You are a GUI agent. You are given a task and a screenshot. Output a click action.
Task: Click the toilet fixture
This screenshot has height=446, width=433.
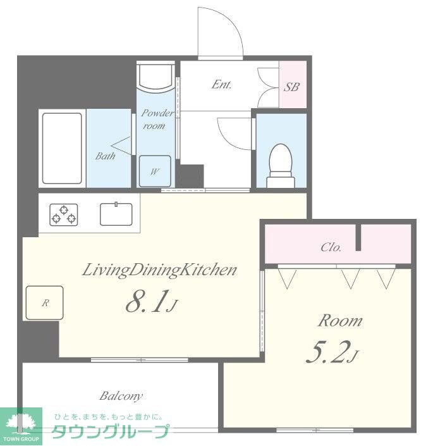pos(281,166)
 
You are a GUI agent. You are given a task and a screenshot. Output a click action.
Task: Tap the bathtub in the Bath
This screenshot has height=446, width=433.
pos(62,148)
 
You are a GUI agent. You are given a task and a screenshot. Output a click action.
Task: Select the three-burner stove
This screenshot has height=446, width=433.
pos(64,214)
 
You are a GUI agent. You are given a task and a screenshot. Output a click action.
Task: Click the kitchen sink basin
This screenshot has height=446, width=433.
pos(116,214)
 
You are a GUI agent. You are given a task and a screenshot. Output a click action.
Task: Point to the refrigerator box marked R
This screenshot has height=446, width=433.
pos(44,303)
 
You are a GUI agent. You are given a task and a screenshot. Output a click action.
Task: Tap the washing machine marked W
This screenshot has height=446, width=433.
pos(155,171)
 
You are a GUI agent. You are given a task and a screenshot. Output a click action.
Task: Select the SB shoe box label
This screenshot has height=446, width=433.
pos(291,87)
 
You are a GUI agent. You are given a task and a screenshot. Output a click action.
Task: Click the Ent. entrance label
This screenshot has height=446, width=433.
pos(222,85)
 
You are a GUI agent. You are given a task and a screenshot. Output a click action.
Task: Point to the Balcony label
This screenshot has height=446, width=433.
pos(121,396)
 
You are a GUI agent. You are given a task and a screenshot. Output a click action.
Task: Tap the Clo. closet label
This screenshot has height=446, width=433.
pos(331,247)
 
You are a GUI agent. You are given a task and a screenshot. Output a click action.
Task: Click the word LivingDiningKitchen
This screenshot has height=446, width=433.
pos(159,270)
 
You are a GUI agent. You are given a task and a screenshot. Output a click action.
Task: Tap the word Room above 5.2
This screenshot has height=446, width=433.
pos(340,321)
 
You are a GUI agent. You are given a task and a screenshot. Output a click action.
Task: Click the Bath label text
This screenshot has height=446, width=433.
pos(105,156)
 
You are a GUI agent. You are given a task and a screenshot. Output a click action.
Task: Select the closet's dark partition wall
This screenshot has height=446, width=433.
pos(358,237)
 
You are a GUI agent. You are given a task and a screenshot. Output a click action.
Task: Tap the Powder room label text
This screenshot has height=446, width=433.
pos(157,120)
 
